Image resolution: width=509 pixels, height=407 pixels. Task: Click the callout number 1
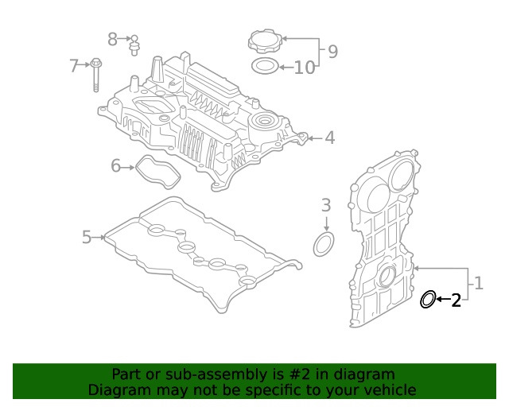pyautogui.click(x=479, y=282)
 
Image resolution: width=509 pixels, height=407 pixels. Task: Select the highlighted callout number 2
pyautogui.click(x=456, y=300)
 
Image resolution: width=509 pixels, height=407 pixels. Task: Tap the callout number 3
pyautogui.click(x=325, y=206)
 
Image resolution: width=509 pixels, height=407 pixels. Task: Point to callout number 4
pyautogui.click(x=329, y=138)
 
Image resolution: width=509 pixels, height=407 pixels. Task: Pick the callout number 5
pyautogui.click(x=87, y=236)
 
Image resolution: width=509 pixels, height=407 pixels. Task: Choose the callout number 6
pyautogui.click(x=115, y=166)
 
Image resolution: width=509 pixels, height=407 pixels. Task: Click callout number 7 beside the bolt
pyautogui.click(x=74, y=65)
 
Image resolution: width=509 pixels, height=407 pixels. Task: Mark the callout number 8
pyautogui.click(x=113, y=38)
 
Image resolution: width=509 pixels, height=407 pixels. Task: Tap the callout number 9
pyautogui.click(x=332, y=52)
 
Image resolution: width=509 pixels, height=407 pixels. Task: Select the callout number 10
pyautogui.click(x=305, y=68)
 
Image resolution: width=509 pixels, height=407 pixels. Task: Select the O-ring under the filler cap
pyautogui.click(x=264, y=66)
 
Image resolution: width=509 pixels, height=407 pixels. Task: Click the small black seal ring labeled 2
pyautogui.click(x=427, y=300)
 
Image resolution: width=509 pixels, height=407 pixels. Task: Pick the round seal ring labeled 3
pyautogui.click(x=324, y=245)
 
